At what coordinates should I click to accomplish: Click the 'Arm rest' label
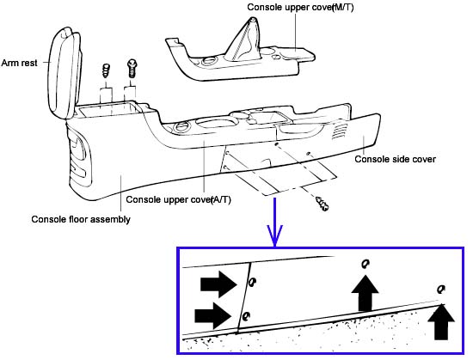click(x=19, y=63)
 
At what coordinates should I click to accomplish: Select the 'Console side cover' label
click(x=395, y=159)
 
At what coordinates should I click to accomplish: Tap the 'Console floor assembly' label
click(x=81, y=219)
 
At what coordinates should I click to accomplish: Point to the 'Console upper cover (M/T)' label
click(x=300, y=7)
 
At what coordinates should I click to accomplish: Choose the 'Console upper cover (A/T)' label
click(x=179, y=199)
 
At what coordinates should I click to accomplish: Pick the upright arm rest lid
click(x=64, y=73)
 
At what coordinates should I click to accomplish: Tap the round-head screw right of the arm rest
click(x=132, y=68)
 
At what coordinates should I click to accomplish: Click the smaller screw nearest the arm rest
click(x=106, y=70)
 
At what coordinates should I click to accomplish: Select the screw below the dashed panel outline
click(x=322, y=204)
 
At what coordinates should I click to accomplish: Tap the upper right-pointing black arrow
click(x=218, y=284)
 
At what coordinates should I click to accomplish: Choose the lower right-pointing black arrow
click(x=213, y=315)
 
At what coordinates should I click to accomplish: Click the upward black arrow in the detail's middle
click(x=365, y=292)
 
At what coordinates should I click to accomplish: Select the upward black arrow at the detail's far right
click(x=441, y=321)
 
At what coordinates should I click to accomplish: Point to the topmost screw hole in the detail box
click(x=365, y=264)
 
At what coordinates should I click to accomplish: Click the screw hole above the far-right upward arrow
click(x=441, y=290)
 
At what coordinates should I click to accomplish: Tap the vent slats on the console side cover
click(x=338, y=131)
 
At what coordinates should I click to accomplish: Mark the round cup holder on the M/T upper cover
click(x=208, y=61)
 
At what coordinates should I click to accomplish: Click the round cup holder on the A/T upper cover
click(x=181, y=127)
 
